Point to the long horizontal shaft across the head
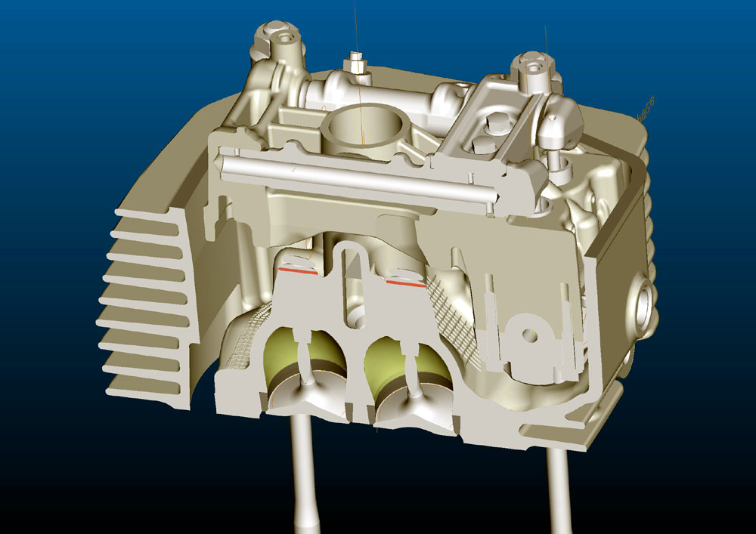(355, 177)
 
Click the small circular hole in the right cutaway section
(529, 332)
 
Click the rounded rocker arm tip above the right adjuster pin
(563, 125)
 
